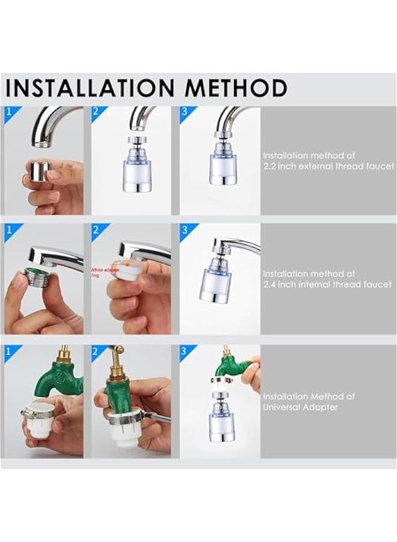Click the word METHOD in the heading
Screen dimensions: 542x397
pyautogui.click(x=236, y=88)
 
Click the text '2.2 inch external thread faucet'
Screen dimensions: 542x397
pyautogui.click(x=328, y=166)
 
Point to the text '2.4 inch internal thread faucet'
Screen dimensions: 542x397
pyautogui.click(x=328, y=284)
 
